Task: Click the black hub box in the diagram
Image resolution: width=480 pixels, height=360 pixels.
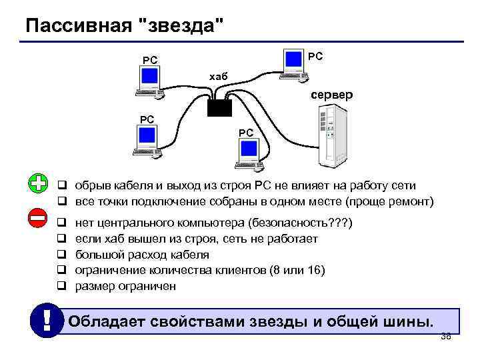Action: pyautogui.click(x=219, y=105)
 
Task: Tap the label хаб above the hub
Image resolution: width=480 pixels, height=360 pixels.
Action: pyautogui.click(x=218, y=77)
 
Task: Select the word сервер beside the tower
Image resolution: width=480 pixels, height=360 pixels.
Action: pyautogui.click(x=331, y=95)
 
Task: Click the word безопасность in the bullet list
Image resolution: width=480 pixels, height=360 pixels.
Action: pyautogui.click(x=286, y=222)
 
